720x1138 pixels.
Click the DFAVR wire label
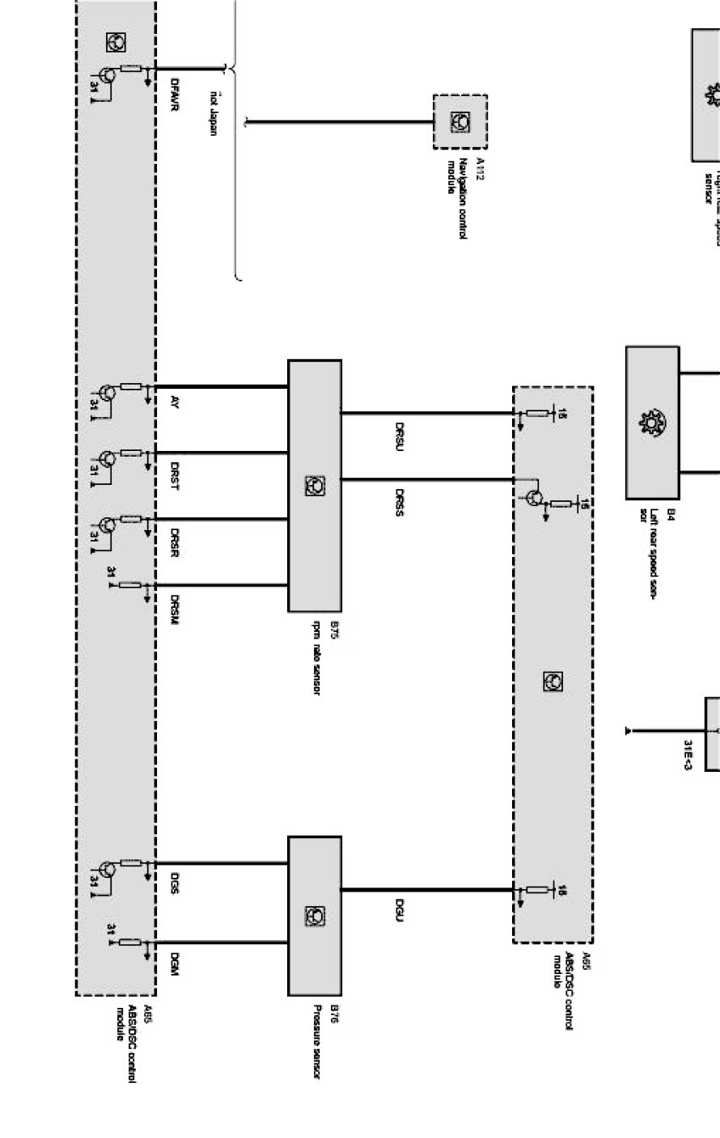click(x=175, y=94)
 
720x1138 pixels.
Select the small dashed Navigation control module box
click(x=460, y=121)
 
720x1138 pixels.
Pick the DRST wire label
click(x=175, y=477)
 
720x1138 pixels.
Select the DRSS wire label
click(x=400, y=502)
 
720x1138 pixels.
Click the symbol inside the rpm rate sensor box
click(x=314, y=485)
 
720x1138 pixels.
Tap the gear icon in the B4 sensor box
click(x=651, y=422)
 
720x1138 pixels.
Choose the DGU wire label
click(x=400, y=909)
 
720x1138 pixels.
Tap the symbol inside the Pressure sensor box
click(x=314, y=916)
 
